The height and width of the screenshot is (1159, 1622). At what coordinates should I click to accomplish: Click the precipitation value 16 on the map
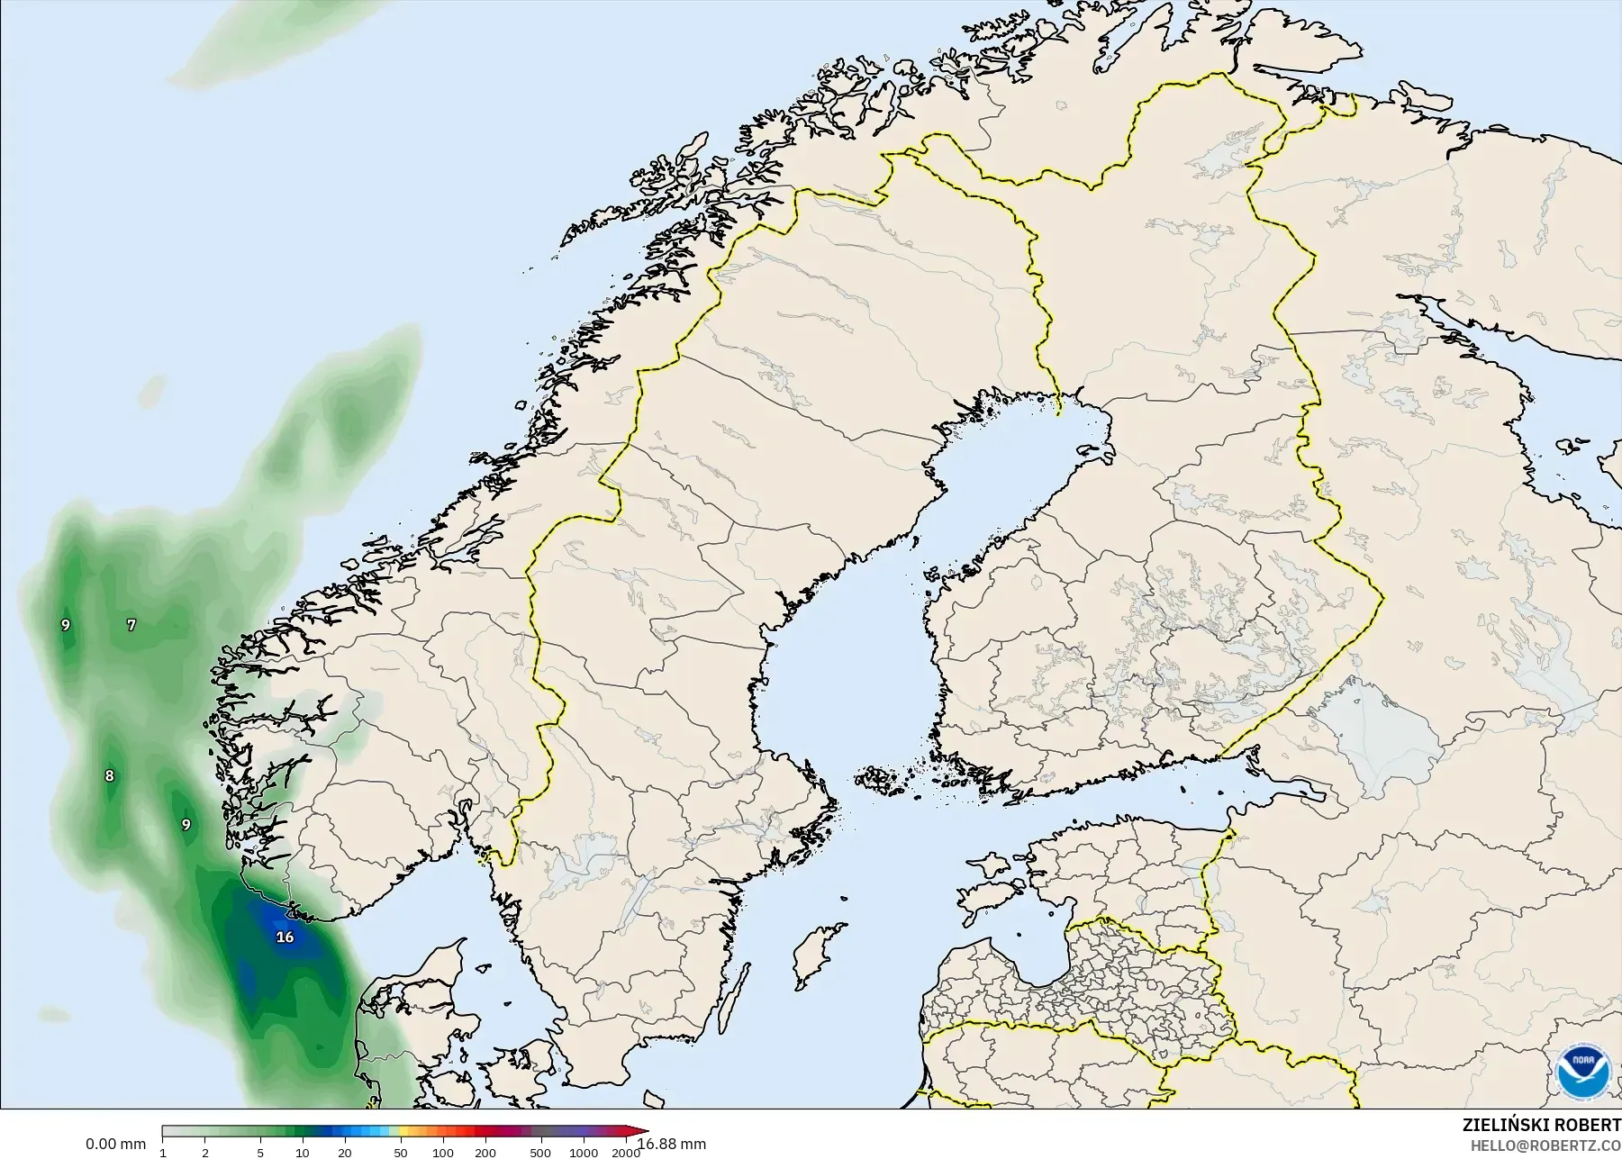(x=285, y=937)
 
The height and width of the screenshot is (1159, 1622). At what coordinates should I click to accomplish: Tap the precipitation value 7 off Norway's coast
(x=131, y=624)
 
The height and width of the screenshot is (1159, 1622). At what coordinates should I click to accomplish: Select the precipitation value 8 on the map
(x=110, y=775)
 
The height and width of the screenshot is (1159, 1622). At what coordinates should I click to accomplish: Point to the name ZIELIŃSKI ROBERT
(x=1541, y=1126)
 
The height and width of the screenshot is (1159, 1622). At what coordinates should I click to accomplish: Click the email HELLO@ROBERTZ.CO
(x=1545, y=1146)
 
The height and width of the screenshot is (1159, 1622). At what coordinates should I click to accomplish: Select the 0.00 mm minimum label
(x=115, y=1144)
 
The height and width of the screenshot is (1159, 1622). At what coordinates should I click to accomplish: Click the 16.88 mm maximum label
(x=672, y=1145)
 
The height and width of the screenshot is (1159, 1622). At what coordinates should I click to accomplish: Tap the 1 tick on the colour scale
(x=163, y=1153)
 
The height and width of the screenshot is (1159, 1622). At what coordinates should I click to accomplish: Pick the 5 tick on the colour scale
(x=260, y=1153)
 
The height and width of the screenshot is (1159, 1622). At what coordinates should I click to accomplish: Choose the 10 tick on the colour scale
(x=303, y=1153)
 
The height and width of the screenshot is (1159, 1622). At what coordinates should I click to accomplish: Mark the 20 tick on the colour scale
(x=344, y=1153)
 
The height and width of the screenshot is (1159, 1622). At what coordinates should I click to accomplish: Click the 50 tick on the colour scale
(x=400, y=1153)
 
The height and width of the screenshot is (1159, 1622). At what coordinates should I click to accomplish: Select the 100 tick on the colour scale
(x=442, y=1153)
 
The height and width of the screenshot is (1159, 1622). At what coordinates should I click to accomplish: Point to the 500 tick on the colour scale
(x=540, y=1153)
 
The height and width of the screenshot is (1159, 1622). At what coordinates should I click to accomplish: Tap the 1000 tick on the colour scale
(x=583, y=1153)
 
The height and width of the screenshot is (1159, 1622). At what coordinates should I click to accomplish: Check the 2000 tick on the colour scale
(x=625, y=1153)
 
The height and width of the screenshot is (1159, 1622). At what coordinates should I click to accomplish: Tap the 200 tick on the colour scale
(x=485, y=1153)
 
